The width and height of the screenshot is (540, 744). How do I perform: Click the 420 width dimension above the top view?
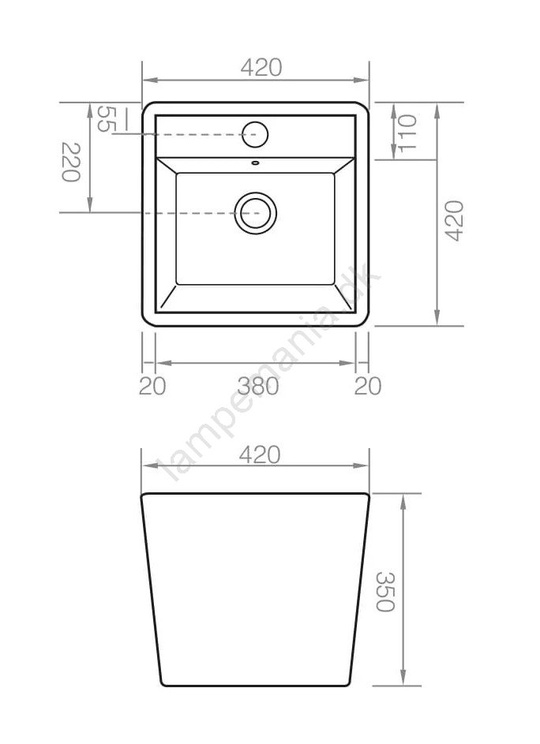[x=261, y=67]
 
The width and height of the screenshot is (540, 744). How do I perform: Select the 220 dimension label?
[x=71, y=162]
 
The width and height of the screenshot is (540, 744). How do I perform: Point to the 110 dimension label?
[x=407, y=133]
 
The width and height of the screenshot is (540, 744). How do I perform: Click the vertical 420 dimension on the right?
[x=454, y=221]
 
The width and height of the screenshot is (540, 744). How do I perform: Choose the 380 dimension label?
[x=258, y=386]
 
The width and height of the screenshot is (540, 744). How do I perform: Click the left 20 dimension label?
[x=152, y=386]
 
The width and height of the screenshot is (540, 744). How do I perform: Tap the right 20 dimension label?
[x=368, y=386]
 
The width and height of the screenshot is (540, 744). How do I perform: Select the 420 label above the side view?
[x=260, y=454]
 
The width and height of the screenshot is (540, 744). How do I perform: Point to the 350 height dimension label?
[x=385, y=592]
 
